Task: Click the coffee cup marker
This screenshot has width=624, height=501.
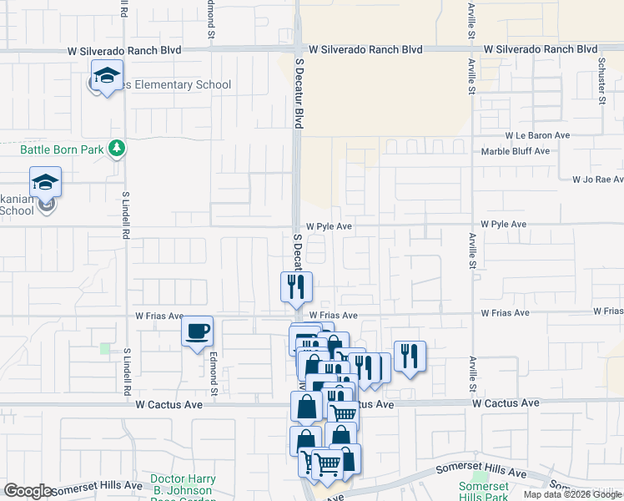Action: click(x=197, y=331)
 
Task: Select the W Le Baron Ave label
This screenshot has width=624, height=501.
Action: click(x=537, y=135)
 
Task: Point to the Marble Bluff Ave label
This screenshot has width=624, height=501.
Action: click(x=516, y=151)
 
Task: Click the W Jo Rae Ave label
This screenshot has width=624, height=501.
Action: click(x=597, y=180)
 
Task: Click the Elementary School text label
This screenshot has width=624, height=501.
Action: click(x=175, y=85)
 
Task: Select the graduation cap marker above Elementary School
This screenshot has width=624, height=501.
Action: click(x=107, y=76)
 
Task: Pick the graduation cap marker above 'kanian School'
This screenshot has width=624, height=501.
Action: click(x=46, y=182)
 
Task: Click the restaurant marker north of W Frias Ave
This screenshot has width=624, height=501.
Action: click(x=296, y=286)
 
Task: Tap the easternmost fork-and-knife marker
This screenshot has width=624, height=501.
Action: click(x=410, y=356)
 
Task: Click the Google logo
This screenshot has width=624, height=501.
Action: click(x=28, y=491)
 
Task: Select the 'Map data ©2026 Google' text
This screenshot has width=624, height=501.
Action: click(x=571, y=494)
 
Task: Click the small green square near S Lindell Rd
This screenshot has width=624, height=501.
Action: click(x=105, y=348)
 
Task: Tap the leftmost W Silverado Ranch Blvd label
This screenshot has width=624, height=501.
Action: click(x=124, y=51)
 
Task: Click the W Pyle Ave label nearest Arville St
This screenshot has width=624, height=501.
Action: click(x=504, y=225)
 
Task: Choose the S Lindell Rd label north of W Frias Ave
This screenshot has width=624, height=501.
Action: click(x=127, y=216)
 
